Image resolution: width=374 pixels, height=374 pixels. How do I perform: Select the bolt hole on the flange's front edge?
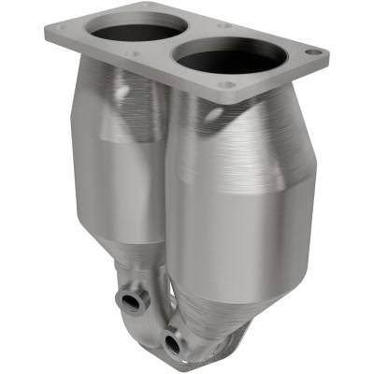coord(224,86)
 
